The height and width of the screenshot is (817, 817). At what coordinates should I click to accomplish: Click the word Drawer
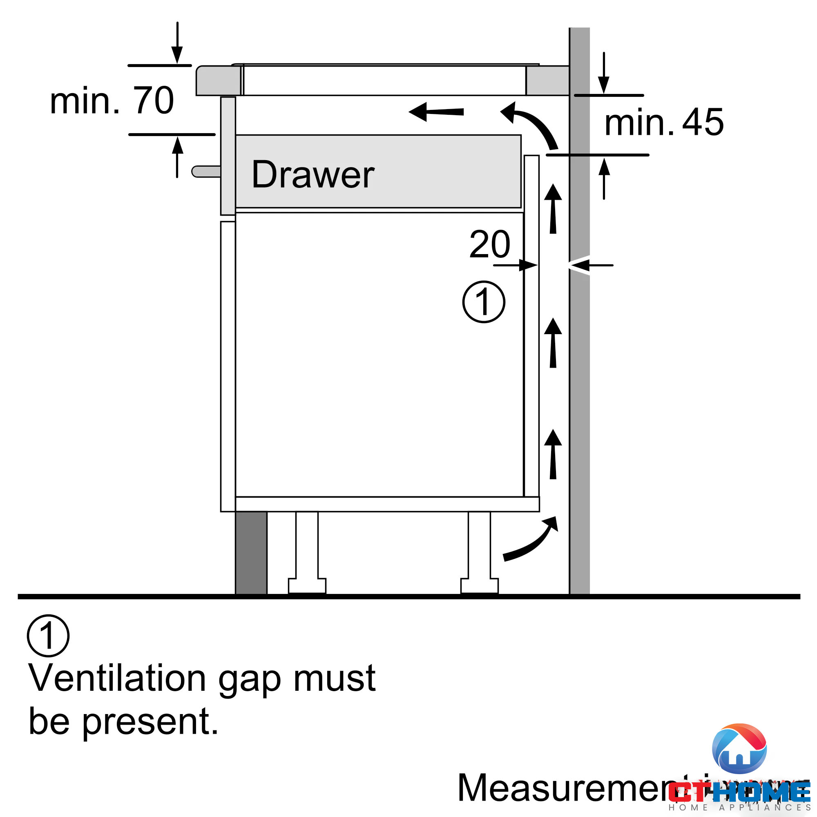313,174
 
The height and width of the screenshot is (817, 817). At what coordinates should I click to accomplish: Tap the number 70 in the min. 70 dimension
153,100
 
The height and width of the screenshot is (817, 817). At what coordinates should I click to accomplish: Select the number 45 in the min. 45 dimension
703,122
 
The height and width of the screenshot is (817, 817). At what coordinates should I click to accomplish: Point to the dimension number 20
490,244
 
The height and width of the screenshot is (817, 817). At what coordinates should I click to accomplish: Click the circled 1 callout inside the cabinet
484,302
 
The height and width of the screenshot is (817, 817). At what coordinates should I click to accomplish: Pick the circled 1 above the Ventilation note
48,636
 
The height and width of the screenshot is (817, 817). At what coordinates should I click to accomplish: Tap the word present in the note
150,722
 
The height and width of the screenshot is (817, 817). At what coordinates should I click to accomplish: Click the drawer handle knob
205,171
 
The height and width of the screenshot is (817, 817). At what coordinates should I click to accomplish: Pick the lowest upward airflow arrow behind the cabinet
553,454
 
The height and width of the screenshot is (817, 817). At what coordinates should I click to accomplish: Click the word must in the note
335,678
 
